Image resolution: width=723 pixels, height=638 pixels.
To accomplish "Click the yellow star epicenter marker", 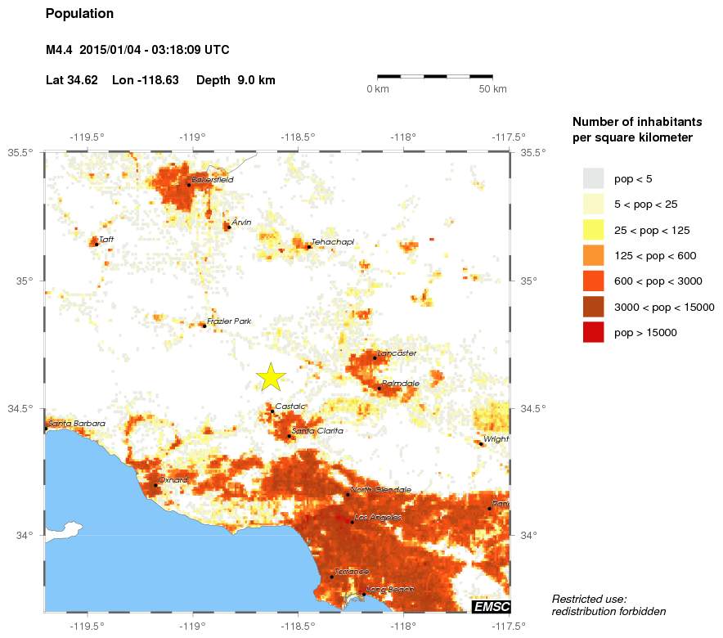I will pyautogui.click(x=271, y=376).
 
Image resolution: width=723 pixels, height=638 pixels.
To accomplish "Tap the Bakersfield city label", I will pyautogui.click(x=212, y=179).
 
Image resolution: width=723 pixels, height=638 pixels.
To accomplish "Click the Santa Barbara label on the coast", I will pyautogui.click(x=77, y=423).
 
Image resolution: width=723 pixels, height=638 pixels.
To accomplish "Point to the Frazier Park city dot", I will pyautogui.click(x=204, y=326).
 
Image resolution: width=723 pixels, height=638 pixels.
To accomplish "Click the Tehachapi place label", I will pyautogui.click(x=332, y=242).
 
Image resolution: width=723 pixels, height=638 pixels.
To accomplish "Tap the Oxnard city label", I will pyautogui.click(x=173, y=480).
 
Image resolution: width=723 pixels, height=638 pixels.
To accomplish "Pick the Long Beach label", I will pyautogui.click(x=390, y=590).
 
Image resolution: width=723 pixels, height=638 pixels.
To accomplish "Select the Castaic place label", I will pyautogui.click(x=290, y=407).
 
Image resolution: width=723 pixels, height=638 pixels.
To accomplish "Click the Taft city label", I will pyautogui.click(x=106, y=239).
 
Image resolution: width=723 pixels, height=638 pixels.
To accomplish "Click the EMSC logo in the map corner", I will pyautogui.click(x=491, y=606).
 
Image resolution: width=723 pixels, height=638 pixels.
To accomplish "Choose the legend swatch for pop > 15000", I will pyautogui.click(x=593, y=333).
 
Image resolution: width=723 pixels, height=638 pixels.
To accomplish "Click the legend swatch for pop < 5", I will pyautogui.click(x=593, y=178).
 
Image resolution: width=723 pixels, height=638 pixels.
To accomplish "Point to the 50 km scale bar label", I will pyautogui.click(x=492, y=88).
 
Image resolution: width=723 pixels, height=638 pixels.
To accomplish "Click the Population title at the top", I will pyautogui.click(x=80, y=14).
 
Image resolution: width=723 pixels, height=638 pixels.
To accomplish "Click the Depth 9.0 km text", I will pyautogui.click(x=236, y=80).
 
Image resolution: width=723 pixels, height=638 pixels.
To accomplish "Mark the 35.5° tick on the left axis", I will pyautogui.click(x=20, y=152).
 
